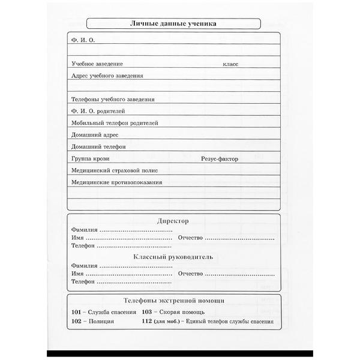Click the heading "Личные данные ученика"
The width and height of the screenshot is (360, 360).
coord(173,24)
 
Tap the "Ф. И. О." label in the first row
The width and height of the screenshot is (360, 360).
coord(83,40)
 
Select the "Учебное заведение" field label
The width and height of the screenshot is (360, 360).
coord(97,64)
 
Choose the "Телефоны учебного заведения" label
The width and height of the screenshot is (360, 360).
coord(113,100)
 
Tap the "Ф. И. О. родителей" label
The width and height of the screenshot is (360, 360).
coord(98,111)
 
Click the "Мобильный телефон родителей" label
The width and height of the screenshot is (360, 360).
coord(115,123)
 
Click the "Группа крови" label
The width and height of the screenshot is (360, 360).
coord(88,159)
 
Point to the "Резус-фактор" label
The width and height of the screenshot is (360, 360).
coord(219,159)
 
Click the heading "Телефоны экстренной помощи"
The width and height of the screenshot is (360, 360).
coord(173,300)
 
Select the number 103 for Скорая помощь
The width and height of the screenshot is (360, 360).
coord(148,313)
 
